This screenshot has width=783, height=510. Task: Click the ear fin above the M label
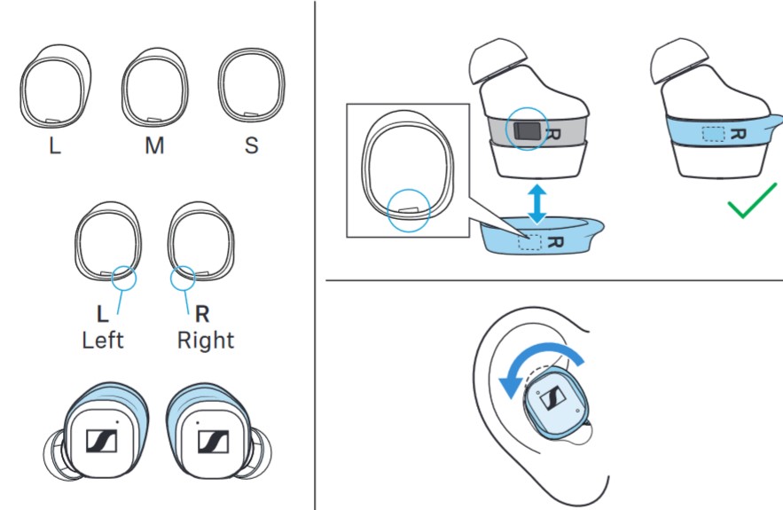pos(154,88)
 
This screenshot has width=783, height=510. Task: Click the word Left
pos(103,340)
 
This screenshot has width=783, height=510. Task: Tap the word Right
pos(206,340)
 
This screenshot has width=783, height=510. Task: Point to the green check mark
pos(753,207)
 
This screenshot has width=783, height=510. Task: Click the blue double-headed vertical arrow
pos(534,203)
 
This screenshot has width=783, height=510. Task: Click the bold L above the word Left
pos(103,314)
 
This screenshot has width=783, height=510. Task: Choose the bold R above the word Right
pos(202,314)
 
